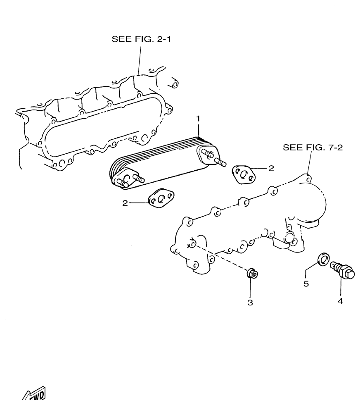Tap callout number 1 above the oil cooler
coord(198,119)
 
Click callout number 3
coord(249,303)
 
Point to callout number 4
coord(340,301)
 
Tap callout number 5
coord(306,284)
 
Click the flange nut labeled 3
coord(252,274)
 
